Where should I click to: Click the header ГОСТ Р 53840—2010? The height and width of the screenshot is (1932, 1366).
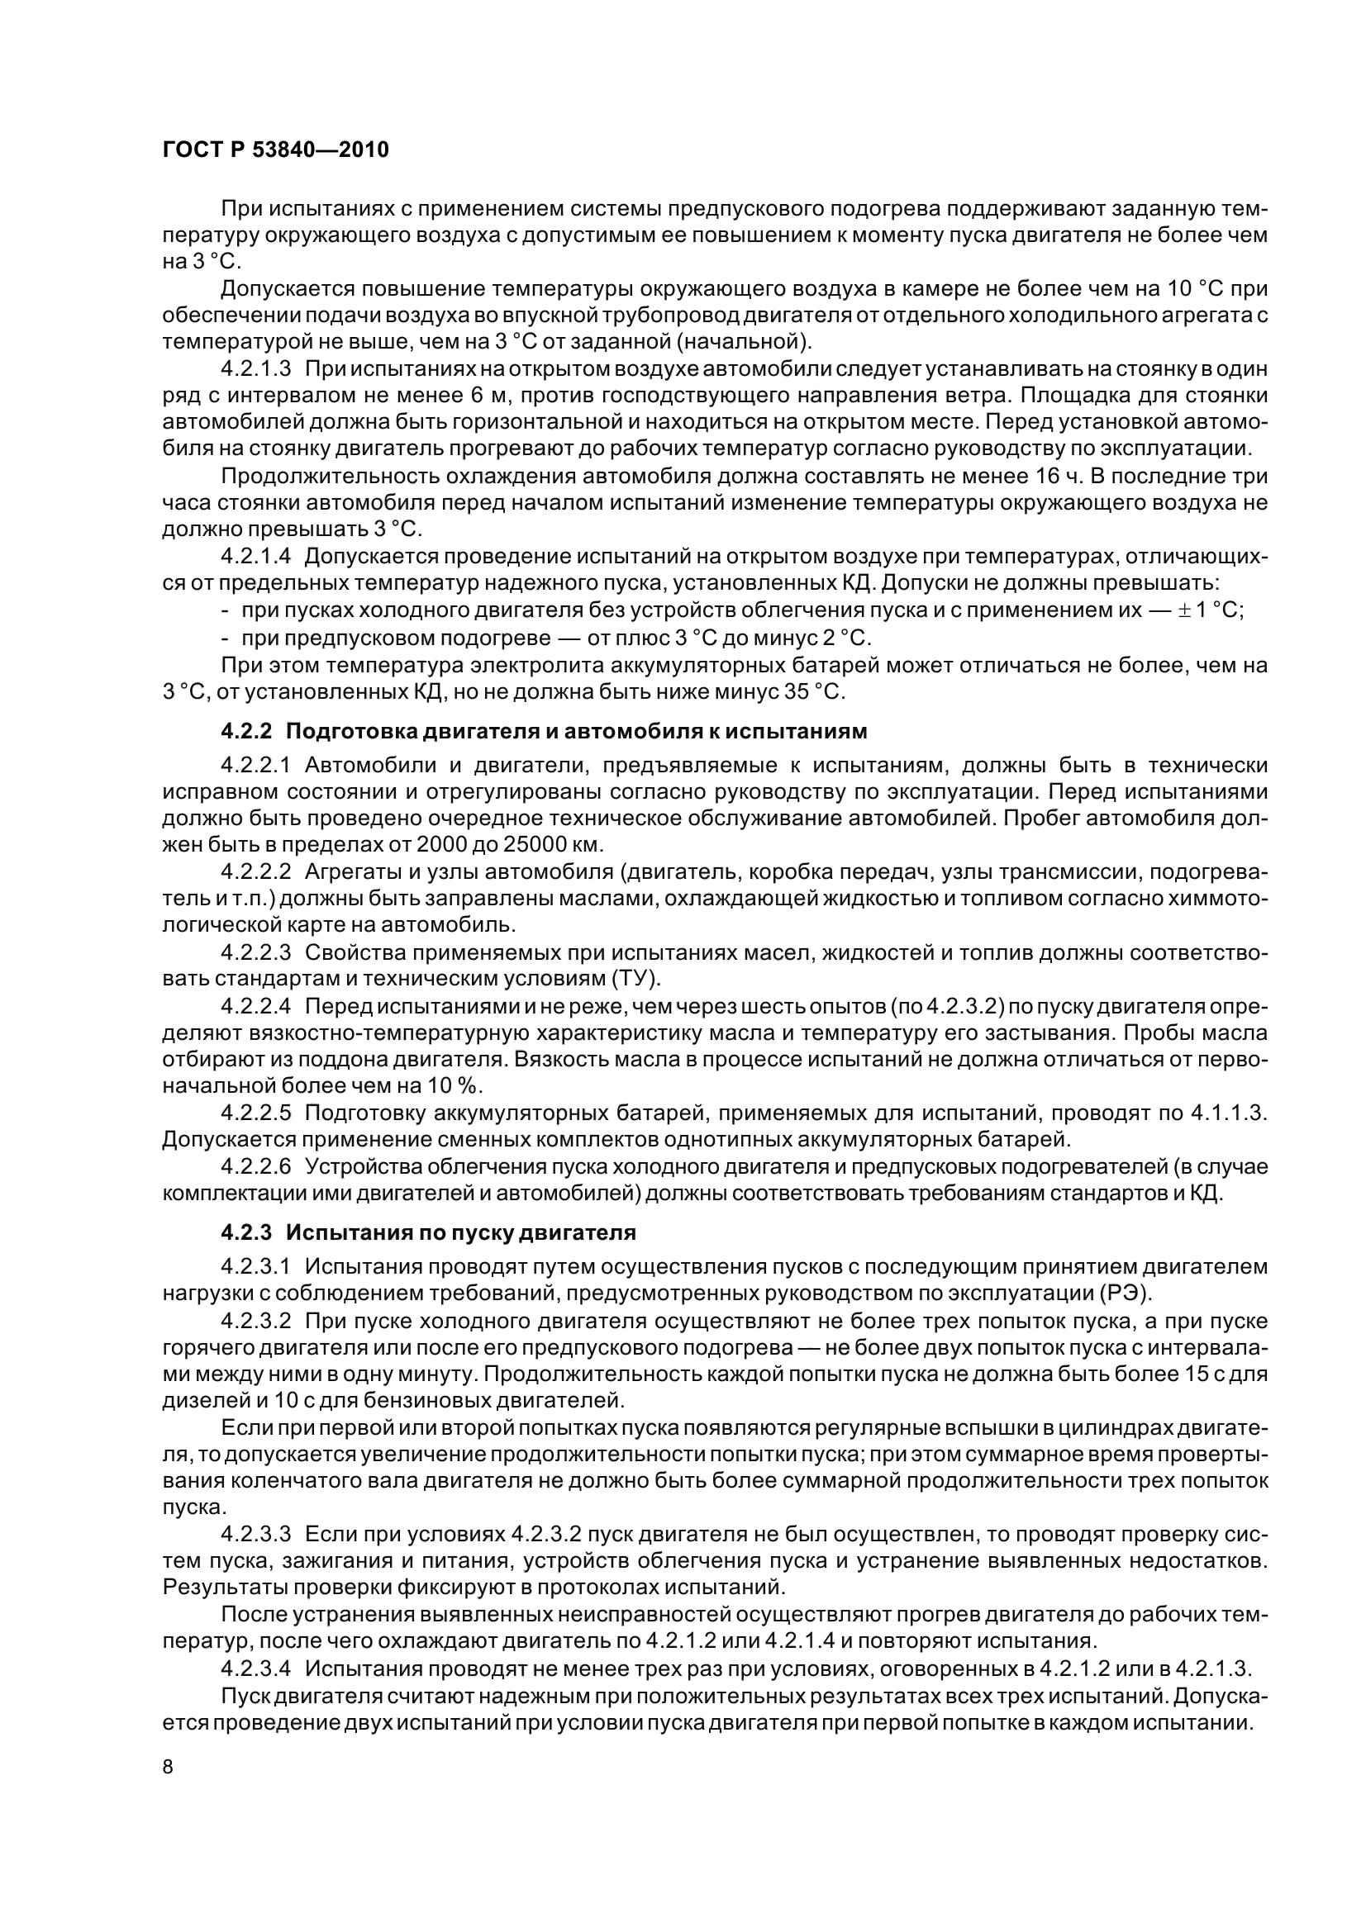pyautogui.click(x=275, y=150)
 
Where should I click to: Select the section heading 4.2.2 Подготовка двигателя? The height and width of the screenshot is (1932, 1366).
pyautogui.click(x=543, y=730)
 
